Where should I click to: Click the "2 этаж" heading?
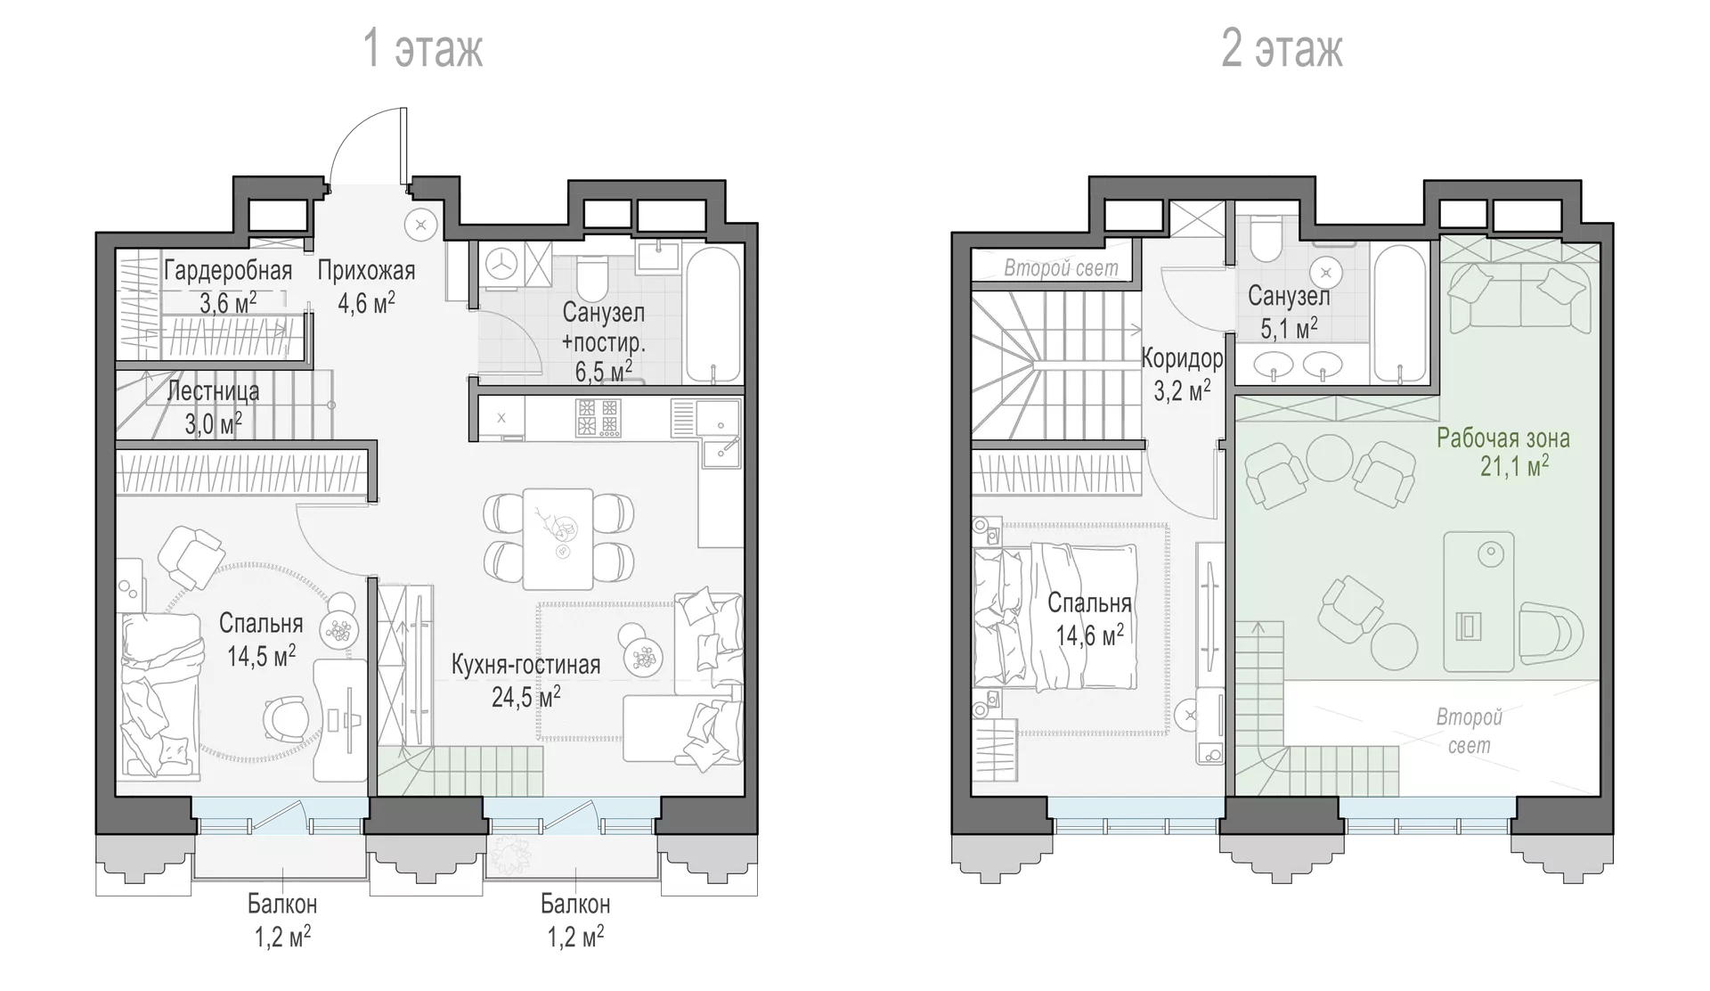[x=1282, y=48]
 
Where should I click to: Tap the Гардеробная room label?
[x=228, y=271]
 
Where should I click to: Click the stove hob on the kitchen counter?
[x=597, y=417]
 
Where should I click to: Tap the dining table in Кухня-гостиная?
[x=558, y=538]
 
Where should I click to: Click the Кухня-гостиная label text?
[x=525, y=664]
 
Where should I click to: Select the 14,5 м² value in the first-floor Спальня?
[x=261, y=656]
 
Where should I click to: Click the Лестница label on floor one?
[x=214, y=390]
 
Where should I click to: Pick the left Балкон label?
[x=282, y=905]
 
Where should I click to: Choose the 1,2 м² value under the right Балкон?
[x=575, y=937]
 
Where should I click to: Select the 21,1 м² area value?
[x=1514, y=465]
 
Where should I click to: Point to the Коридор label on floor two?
[x=1182, y=359]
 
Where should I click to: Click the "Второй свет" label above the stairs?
[x=1061, y=267]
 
